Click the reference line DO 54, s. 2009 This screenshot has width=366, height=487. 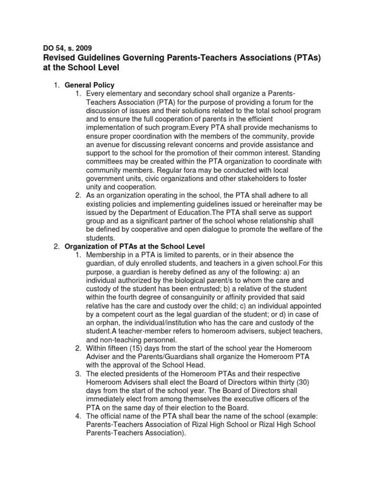[x=68, y=48]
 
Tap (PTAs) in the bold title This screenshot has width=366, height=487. [x=300, y=58]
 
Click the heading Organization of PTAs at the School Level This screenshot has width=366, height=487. [x=134, y=246]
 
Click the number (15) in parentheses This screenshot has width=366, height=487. [x=139, y=349]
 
